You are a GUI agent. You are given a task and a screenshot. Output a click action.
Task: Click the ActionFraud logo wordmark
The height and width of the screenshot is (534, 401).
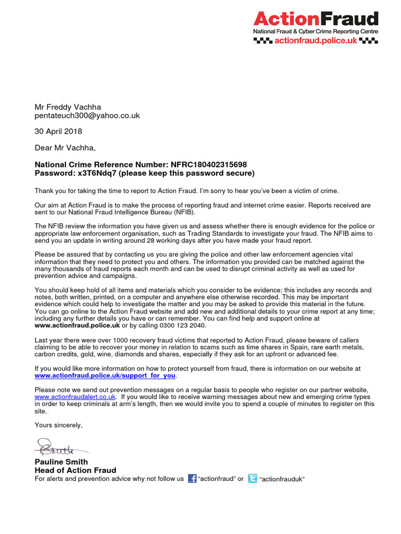(x=315, y=19)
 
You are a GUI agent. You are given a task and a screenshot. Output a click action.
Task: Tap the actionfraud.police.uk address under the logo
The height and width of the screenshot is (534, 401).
(x=323, y=41)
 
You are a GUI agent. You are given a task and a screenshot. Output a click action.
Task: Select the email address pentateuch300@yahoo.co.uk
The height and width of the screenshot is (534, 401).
(x=87, y=116)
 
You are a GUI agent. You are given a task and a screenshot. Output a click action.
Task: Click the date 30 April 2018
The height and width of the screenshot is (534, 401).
(x=58, y=131)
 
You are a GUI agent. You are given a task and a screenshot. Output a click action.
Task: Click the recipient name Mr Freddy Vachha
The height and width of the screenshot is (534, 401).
(x=67, y=107)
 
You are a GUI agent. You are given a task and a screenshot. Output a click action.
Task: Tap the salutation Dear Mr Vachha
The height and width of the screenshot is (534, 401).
(x=65, y=148)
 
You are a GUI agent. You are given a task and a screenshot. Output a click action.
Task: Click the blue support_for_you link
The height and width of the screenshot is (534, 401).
(x=105, y=375)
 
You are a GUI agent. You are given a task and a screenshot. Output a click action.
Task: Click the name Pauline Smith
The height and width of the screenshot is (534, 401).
(x=61, y=462)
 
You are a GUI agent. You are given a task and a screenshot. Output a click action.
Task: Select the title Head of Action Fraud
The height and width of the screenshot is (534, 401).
(x=75, y=470)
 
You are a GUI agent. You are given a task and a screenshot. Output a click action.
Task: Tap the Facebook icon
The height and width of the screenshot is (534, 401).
(x=192, y=479)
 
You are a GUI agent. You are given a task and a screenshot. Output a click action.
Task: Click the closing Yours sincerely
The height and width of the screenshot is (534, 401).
(x=58, y=425)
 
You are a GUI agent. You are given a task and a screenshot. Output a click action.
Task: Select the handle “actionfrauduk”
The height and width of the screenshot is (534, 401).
(x=282, y=479)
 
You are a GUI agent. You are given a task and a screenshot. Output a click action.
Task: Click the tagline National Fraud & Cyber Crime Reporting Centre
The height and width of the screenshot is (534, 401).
(x=315, y=32)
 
